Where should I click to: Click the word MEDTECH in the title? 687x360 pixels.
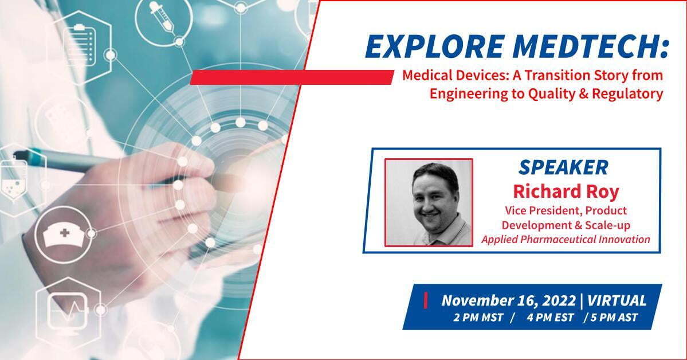point(587,46)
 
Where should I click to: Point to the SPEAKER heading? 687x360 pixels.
point(563,167)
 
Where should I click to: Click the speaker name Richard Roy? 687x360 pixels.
point(566,191)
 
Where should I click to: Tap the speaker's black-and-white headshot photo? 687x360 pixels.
point(429,202)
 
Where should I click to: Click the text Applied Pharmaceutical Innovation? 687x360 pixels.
point(566,240)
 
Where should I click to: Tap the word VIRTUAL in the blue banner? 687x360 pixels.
point(617,301)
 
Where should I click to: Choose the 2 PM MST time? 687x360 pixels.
point(478,318)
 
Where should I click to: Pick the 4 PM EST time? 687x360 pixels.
point(550,318)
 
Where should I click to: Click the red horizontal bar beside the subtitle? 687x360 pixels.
point(292,77)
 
